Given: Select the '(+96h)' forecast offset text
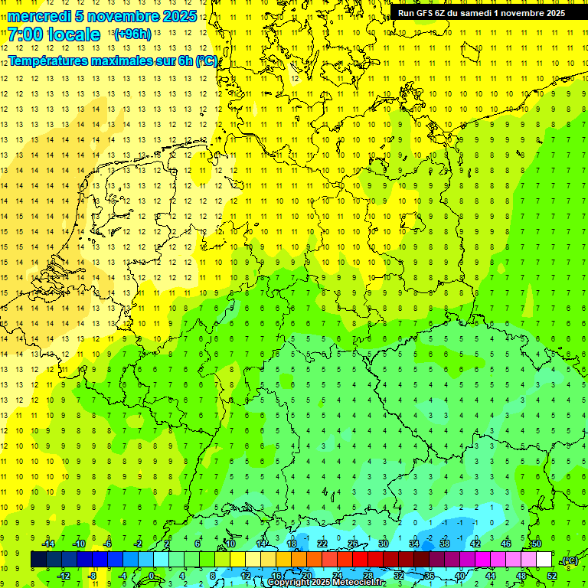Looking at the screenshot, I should [x=132, y=34].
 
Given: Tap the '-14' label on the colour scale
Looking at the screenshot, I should [x=49, y=544].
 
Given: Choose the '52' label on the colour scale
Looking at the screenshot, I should [x=552, y=575].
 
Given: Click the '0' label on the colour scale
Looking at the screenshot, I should [x=152, y=575].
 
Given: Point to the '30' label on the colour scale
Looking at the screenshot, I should [x=383, y=544].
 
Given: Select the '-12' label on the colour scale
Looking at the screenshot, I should [x=64, y=575].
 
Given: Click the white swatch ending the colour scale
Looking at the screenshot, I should [x=544, y=560].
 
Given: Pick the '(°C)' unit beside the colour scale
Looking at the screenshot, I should [x=569, y=560].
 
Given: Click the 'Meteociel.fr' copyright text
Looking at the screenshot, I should [x=358, y=583].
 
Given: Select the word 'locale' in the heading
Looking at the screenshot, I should [x=73, y=34].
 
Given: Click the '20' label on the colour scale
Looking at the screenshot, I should [x=306, y=575].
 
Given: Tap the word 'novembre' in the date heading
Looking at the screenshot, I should [x=124, y=16].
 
